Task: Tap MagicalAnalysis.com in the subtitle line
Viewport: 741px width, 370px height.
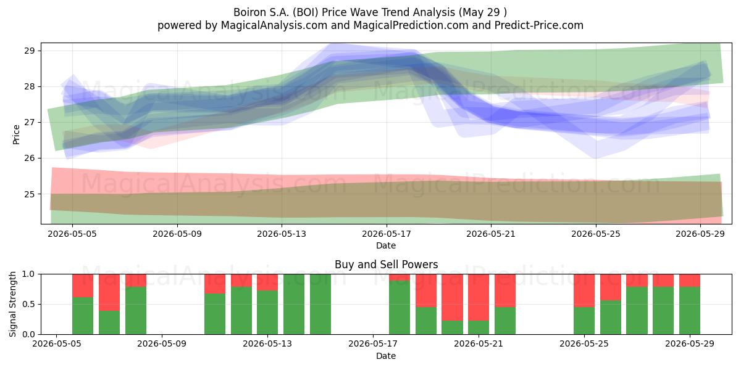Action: click(x=274, y=25)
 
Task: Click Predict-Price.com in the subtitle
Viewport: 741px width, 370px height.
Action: click(x=539, y=25)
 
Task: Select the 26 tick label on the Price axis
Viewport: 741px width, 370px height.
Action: click(x=30, y=158)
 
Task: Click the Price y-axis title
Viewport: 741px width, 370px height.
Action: click(x=16, y=134)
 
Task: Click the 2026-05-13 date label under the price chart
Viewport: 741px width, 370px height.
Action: click(x=282, y=234)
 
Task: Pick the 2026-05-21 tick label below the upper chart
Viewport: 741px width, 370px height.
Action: click(x=491, y=234)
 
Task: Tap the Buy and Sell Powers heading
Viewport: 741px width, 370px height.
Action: click(x=386, y=265)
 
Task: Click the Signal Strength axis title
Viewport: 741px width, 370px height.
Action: click(x=12, y=304)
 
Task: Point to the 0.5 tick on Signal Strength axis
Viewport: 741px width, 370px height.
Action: click(x=28, y=304)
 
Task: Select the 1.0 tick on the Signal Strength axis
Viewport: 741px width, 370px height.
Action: click(x=28, y=274)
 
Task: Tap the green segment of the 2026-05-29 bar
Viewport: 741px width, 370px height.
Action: click(x=690, y=311)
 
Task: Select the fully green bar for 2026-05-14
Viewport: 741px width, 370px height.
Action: click(x=294, y=304)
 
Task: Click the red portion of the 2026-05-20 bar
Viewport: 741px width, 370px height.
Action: click(x=452, y=297)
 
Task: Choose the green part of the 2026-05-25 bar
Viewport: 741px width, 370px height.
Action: click(x=584, y=321)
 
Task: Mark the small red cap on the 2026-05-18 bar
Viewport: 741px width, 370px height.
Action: click(x=400, y=277)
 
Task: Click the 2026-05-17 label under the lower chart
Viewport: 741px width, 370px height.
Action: click(x=373, y=344)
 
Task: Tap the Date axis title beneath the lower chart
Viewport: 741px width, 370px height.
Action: click(x=386, y=356)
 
